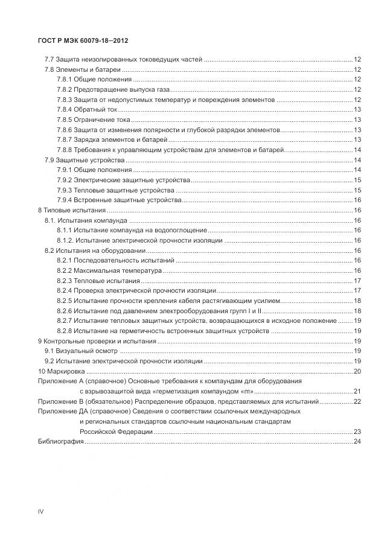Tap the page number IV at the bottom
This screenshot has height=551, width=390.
pos(40,511)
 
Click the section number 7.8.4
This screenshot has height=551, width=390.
pos(65,109)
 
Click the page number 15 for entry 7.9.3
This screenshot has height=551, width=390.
pos(357,190)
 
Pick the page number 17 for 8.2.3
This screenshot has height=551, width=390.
pos(357,281)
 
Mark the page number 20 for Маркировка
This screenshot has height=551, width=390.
pos(357,371)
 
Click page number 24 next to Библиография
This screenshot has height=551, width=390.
pos(357,442)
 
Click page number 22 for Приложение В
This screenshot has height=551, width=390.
pos(357,401)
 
